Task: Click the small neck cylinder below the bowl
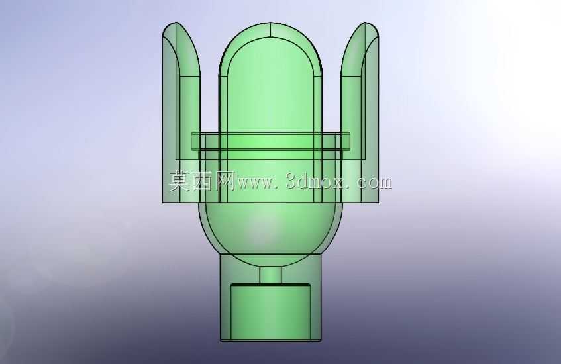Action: click(270, 275)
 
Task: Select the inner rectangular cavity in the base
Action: click(270, 312)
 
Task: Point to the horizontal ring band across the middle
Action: click(270, 141)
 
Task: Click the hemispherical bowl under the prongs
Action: click(270, 229)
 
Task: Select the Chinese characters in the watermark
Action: click(202, 181)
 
